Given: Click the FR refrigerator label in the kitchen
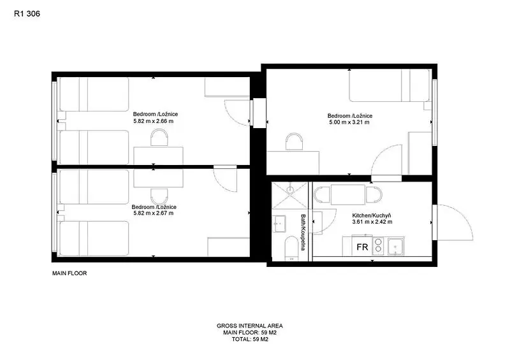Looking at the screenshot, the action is point(362,247).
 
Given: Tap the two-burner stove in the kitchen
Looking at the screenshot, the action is point(378,245).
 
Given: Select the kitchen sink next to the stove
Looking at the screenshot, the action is point(395,246).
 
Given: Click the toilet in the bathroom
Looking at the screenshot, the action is point(291,248).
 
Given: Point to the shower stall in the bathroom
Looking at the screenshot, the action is point(289,195).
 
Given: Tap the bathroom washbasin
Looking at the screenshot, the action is point(279,224).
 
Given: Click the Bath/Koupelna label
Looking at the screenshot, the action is point(303,232).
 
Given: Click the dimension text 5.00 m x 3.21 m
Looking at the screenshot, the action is point(349,122).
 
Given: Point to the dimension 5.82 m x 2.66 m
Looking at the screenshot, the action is point(154,121).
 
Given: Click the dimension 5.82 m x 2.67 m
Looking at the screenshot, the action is point(154,213).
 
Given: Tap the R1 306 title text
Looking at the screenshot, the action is point(27,13).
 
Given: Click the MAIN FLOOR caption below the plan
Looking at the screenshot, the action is point(69,273).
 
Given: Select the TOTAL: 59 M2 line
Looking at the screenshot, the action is point(250,340).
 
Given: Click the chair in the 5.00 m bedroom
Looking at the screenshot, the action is point(294,141).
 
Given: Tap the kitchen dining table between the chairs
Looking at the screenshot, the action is point(347,195).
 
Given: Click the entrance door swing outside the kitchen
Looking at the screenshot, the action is point(455,222).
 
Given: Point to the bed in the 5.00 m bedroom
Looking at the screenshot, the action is point(390,85).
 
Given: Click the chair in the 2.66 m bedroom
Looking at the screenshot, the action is point(159,138).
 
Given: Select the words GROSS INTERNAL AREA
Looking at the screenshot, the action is point(250,326).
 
